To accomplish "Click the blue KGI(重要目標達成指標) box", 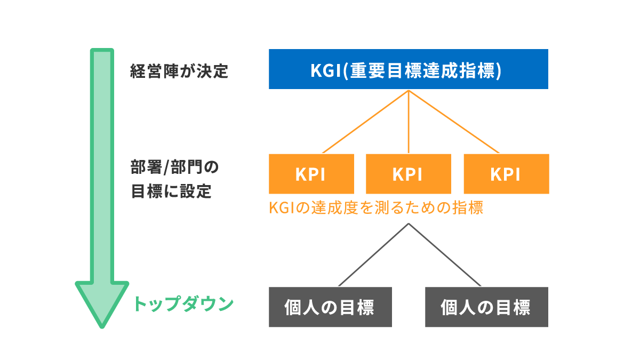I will (x=408, y=69).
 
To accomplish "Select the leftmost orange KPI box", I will (x=311, y=174).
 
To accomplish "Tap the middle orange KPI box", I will (x=408, y=174).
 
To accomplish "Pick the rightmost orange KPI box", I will (x=506, y=174).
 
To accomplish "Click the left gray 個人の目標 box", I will (x=330, y=307).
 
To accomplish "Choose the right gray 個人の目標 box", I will (x=486, y=307).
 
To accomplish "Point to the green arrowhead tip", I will (x=102, y=324).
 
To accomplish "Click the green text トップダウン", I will (x=183, y=304).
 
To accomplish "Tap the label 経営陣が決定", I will (x=179, y=71).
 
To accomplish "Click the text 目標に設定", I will (x=171, y=191).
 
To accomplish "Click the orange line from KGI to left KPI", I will (x=365, y=122).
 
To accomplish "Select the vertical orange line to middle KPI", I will (x=409, y=123).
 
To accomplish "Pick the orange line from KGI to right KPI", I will (x=453, y=122).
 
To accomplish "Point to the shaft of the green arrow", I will (x=102, y=160).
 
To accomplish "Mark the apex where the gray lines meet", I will (x=409, y=223).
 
